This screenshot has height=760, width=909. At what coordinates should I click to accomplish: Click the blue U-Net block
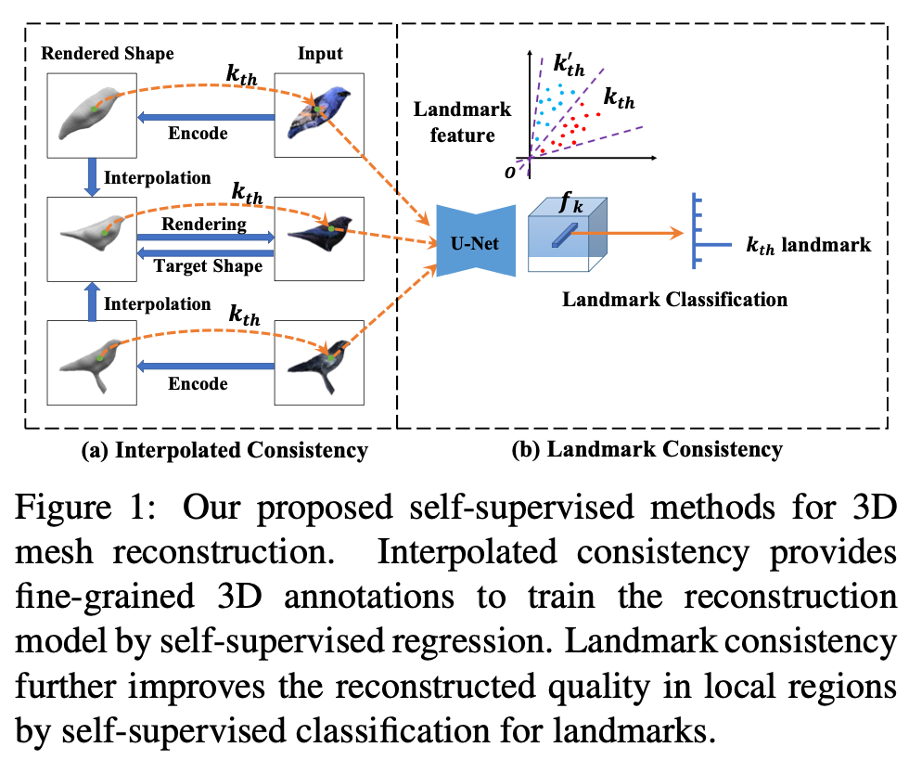(476, 241)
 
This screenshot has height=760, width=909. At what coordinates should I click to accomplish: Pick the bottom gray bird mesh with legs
(92, 363)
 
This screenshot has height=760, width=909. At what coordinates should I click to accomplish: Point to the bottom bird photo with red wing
(320, 363)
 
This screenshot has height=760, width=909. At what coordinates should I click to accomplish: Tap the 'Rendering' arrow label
(204, 224)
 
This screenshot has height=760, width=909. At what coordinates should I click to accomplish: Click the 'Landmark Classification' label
(675, 299)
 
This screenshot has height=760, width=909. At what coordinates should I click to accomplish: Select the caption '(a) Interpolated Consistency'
(224, 451)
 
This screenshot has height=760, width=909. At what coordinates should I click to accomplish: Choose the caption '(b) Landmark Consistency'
(647, 451)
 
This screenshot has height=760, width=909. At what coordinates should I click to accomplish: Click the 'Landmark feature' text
(462, 122)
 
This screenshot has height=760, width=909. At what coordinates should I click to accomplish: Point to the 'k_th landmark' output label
(808, 245)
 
